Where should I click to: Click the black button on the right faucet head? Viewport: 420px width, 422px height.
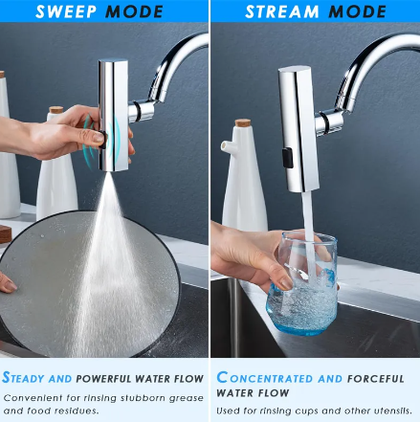287,154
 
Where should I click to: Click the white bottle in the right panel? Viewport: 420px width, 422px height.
244,182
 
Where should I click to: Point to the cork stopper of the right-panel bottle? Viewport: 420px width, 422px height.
245,125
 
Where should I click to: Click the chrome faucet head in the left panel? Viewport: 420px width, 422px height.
113,115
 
